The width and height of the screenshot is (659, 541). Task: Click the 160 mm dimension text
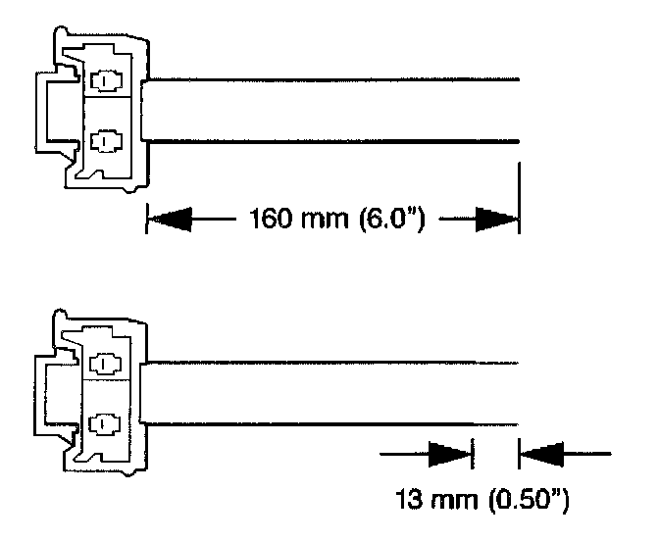coord(278,219)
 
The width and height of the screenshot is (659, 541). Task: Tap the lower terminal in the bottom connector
coord(101,422)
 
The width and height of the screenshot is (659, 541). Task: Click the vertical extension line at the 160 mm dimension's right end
coord(519,196)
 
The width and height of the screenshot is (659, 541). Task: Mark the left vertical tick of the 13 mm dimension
coord(473,454)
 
